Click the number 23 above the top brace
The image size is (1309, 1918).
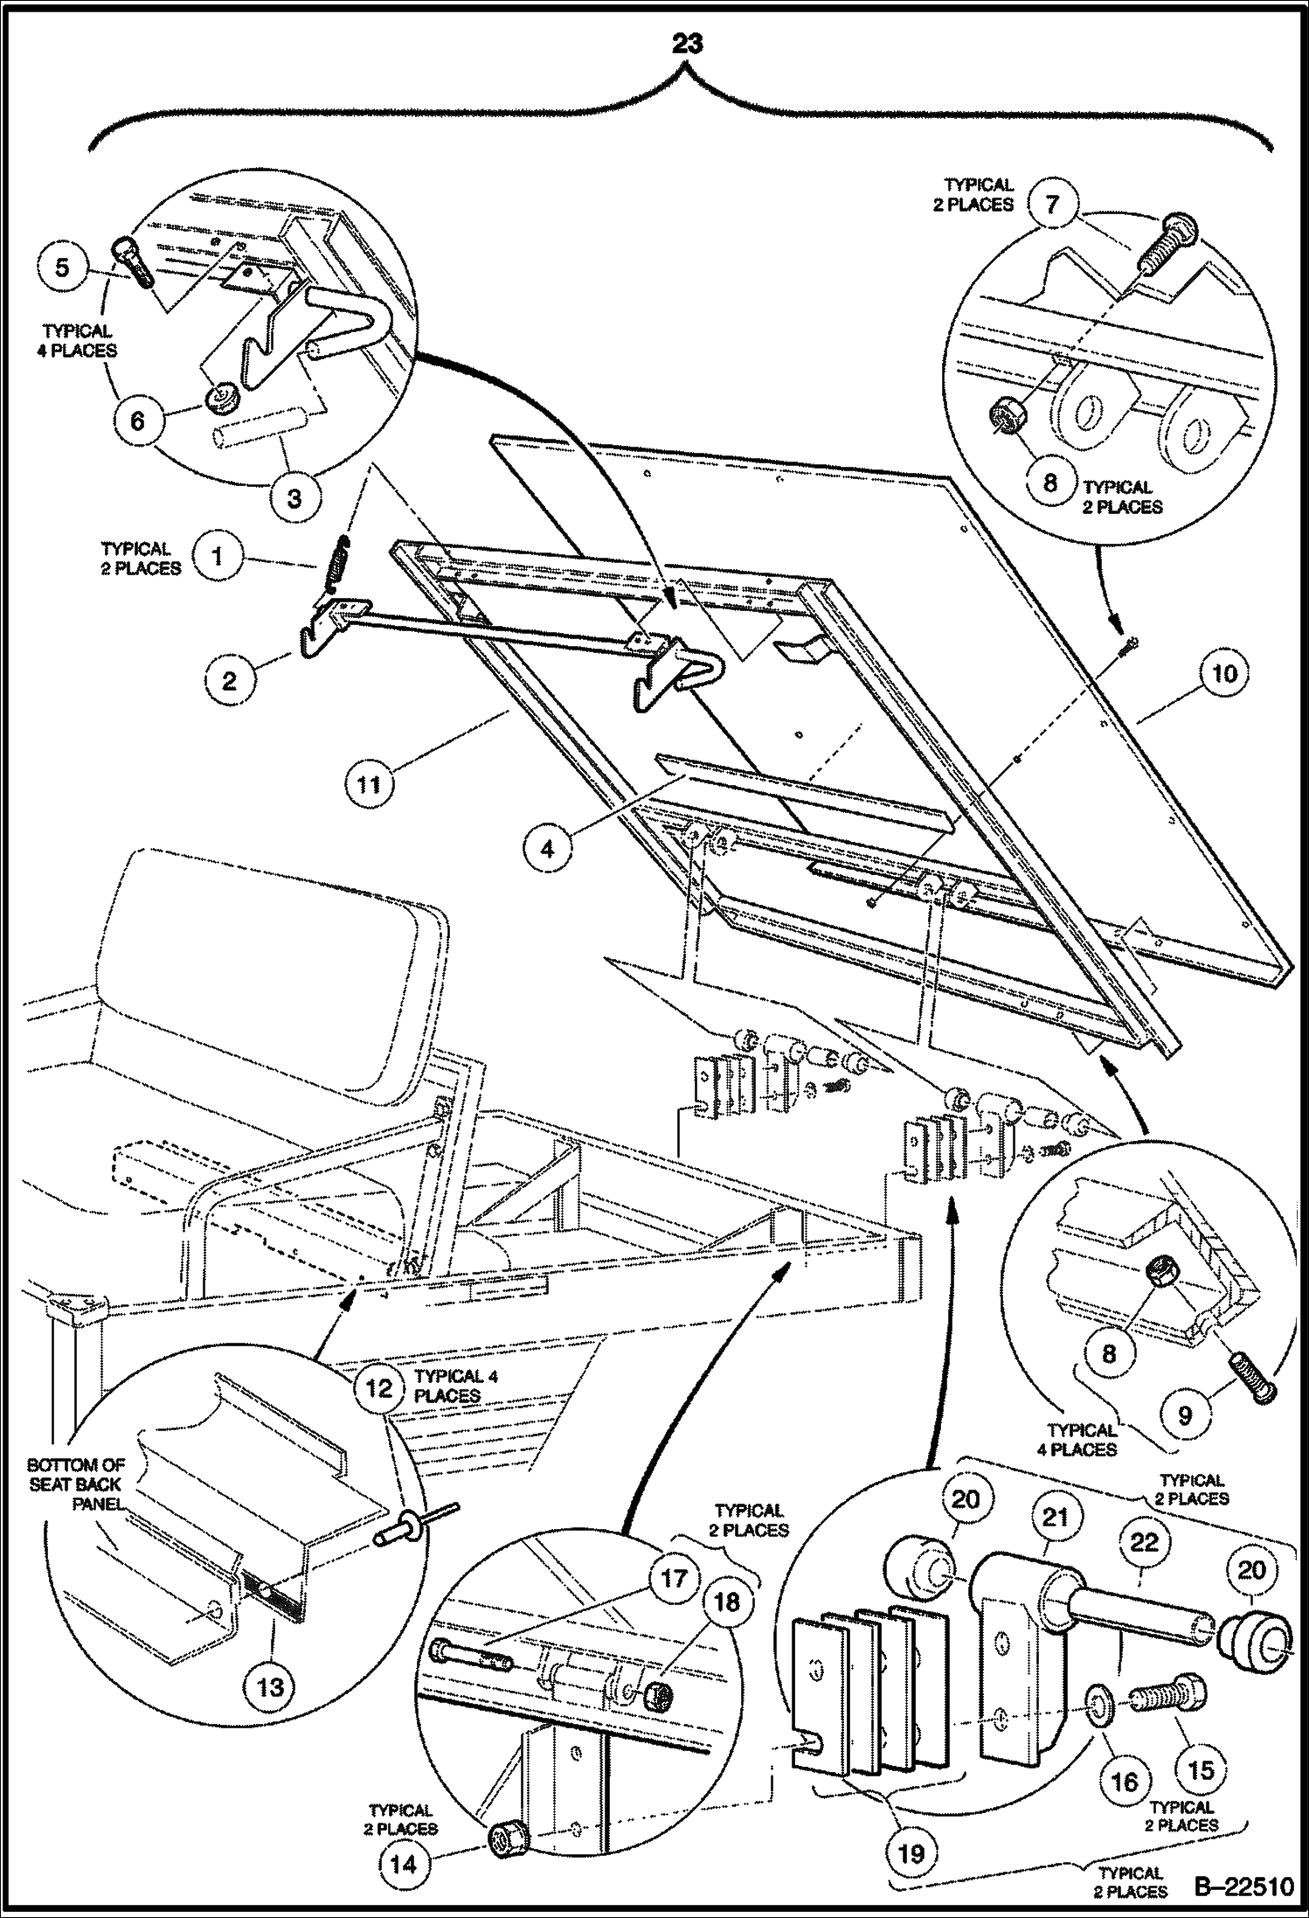pos(687,44)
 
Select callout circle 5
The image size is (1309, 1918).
pos(62,266)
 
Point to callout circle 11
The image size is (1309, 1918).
pos(370,784)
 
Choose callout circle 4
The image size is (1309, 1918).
pos(548,848)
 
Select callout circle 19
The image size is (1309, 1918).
pos(911,1852)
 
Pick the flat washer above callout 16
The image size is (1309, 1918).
pos(1098,1701)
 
